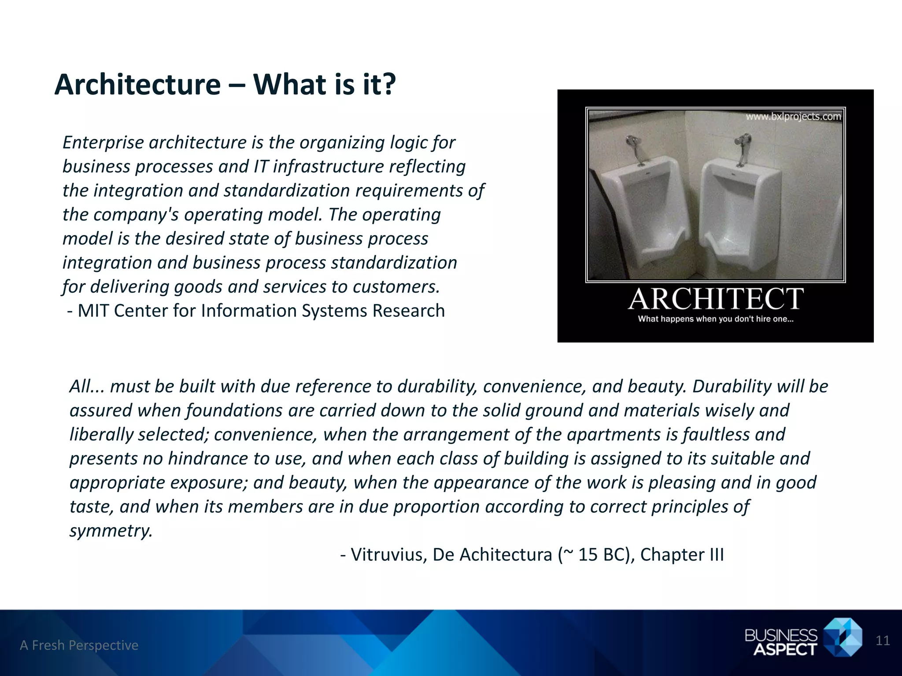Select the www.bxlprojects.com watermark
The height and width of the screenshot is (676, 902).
point(793,117)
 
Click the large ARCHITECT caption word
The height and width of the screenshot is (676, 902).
point(716,299)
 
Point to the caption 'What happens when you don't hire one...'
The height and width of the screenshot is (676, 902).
point(716,319)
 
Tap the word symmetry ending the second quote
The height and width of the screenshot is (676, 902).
point(111,531)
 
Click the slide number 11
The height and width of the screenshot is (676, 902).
point(883,641)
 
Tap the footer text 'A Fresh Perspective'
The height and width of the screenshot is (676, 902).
point(79,645)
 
